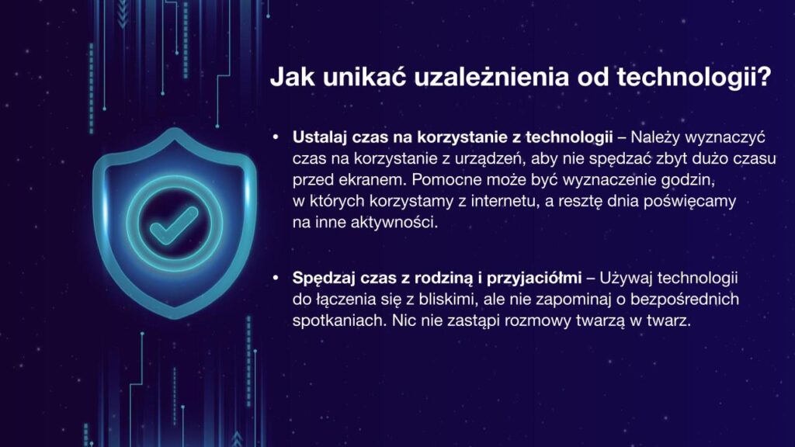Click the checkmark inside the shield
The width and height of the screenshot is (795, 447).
coord(173,226)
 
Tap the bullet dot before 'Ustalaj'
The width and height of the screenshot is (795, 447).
coord(276,137)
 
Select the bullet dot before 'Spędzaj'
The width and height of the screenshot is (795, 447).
coord(276,278)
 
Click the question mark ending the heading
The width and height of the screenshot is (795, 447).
coord(762,77)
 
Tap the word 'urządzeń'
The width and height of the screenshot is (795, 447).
coord(488,158)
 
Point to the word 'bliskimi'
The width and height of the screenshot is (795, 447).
coord(445,300)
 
